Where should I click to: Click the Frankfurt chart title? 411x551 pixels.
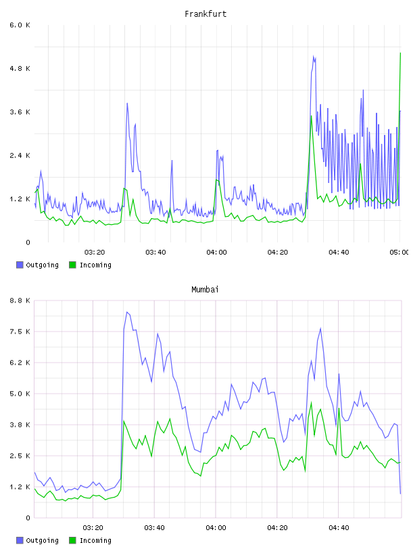point(205,14)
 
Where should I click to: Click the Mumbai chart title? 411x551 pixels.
point(205,290)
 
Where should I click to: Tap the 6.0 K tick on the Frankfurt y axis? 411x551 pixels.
point(20,25)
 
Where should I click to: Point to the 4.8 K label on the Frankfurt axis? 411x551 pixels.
point(20,68)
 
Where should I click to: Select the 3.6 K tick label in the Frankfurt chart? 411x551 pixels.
point(20,112)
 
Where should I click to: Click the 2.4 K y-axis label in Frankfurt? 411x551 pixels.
point(20,156)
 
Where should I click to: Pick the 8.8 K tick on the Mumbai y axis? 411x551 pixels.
point(20,300)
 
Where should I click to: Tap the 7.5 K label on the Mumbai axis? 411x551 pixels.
point(20,332)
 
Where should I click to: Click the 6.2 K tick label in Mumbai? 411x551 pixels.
point(20,363)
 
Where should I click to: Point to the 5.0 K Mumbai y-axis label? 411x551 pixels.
point(20,394)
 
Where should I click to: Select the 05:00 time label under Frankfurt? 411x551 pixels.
point(399,253)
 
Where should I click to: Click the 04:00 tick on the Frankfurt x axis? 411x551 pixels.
point(217,253)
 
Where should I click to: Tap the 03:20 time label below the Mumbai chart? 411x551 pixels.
point(93,528)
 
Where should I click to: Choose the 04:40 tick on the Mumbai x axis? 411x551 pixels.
point(339,528)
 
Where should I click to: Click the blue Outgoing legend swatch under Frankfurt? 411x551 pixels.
point(20,265)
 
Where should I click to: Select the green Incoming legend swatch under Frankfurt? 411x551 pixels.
point(72,265)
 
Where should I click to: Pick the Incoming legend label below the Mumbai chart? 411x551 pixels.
point(95,540)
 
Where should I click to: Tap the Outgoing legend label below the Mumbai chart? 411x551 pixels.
point(42,540)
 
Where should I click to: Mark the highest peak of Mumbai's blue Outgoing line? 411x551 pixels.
point(127,312)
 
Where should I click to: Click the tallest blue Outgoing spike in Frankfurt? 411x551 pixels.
point(313,56)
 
